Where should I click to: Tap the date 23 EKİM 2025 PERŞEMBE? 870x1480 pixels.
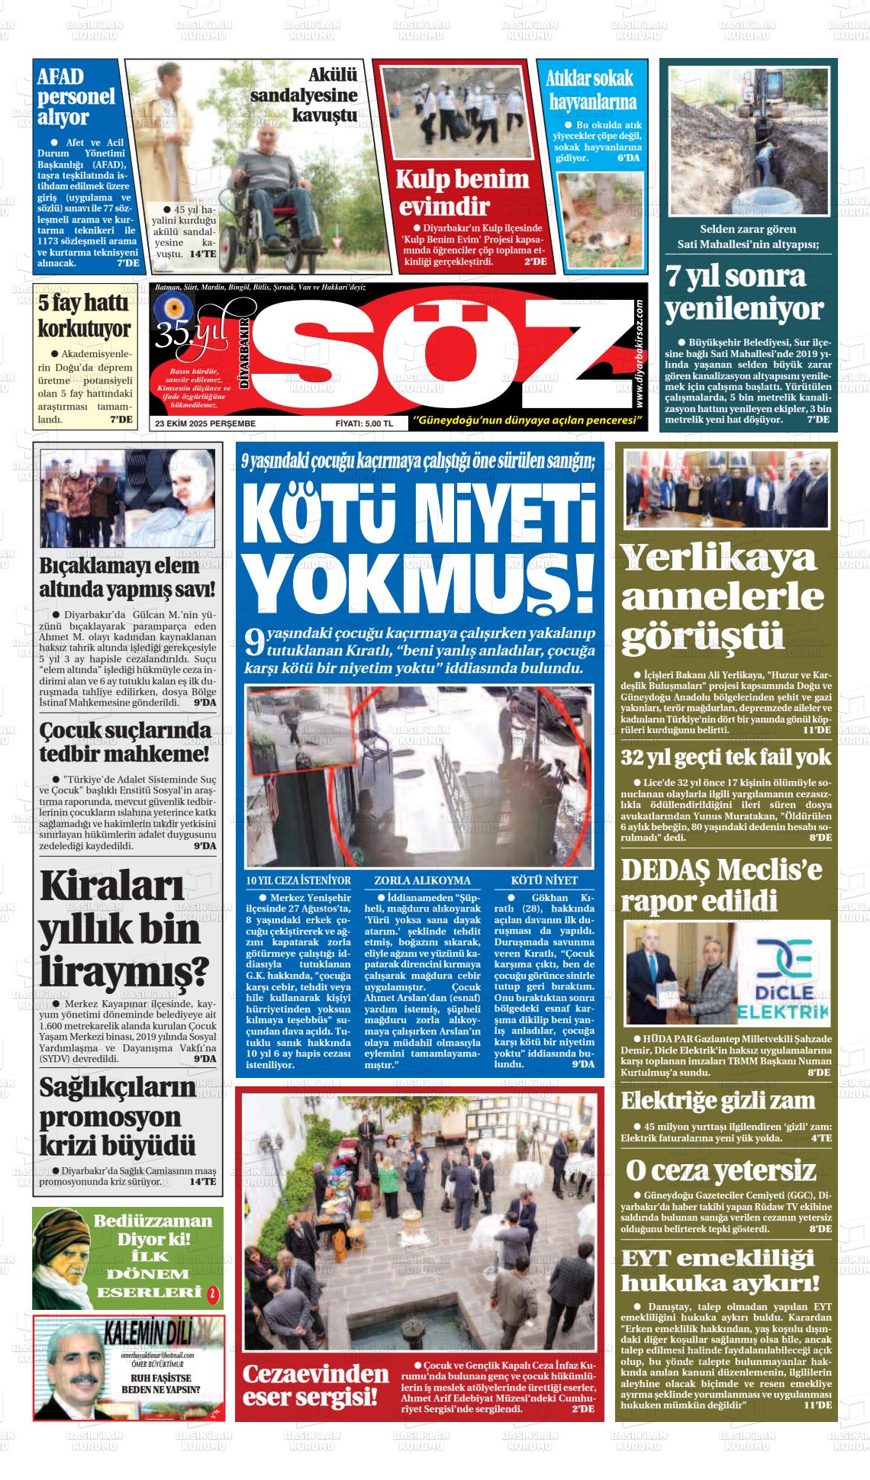[x=205, y=423]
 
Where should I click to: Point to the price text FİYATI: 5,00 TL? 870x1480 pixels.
[x=364, y=423]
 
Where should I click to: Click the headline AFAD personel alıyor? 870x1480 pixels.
[x=75, y=97]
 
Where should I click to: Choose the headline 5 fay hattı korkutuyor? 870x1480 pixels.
[x=85, y=316]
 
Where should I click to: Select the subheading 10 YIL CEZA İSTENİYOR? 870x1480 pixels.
[x=298, y=880]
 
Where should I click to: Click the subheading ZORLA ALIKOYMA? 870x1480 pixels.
[x=422, y=880]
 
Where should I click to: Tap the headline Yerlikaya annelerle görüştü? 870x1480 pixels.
[x=721, y=597]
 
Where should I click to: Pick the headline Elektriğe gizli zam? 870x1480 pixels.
[x=717, y=1101]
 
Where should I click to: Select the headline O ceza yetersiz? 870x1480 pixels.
[x=720, y=1170]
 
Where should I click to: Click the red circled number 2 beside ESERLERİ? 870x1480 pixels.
[x=213, y=1293]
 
